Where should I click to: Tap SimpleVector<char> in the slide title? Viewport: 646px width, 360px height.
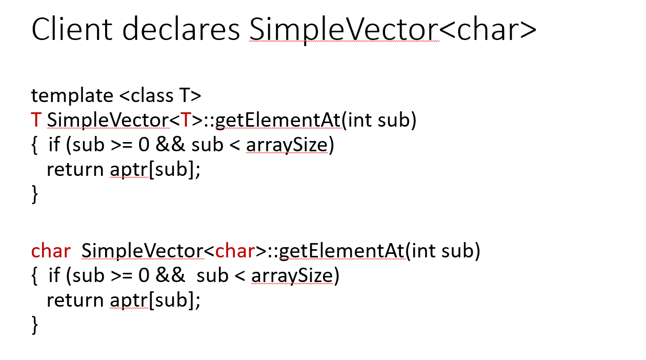coord(393,30)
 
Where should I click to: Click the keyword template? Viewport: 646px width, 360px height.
coord(72,96)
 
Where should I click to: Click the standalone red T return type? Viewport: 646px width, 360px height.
coord(36,121)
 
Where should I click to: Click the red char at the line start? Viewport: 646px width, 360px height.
coord(51,251)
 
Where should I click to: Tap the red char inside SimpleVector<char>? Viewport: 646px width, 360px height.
coord(235,251)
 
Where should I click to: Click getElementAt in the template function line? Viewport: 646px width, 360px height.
coord(278,121)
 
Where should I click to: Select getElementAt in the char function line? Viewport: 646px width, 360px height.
coord(343,251)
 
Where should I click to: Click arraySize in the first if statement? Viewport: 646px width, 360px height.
coord(286,146)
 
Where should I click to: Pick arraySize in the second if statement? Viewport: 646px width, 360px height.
coord(291,276)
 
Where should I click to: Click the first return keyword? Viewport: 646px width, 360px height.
coord(75,170)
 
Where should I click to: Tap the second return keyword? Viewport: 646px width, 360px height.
coord(75,300)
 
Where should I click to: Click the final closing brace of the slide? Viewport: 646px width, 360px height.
coord(35,325)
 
